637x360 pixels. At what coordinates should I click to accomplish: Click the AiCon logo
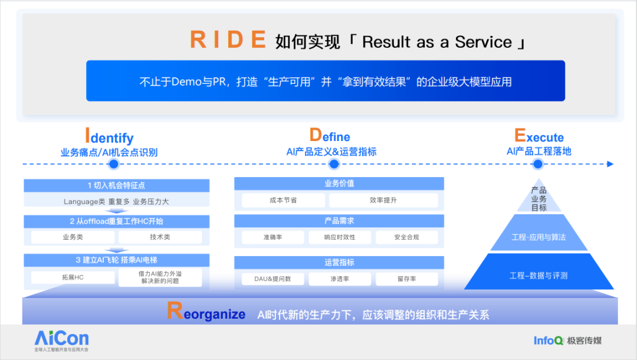point(61,341)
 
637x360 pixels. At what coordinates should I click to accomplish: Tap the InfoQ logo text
point(549,341)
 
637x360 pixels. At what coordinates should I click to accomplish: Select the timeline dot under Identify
point(114,164)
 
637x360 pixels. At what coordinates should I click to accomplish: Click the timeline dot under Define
point(334,164)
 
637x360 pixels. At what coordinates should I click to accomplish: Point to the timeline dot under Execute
point(538,164)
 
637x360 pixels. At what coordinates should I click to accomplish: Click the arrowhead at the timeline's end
point(610,164)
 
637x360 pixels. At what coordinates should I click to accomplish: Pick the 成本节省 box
point(283,200)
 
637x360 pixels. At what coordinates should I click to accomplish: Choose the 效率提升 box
point(383,200)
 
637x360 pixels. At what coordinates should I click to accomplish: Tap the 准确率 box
point(272,237)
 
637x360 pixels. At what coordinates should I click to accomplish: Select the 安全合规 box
point(406,237)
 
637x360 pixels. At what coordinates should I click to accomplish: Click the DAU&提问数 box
point(272,279)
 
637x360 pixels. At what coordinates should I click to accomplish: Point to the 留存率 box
point(406,279)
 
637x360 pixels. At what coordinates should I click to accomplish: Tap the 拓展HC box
point(73,277)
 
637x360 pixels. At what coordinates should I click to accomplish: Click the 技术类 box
point(160,237)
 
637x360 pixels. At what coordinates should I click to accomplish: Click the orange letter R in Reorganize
point(175,310)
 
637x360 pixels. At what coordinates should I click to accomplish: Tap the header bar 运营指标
point(339,263)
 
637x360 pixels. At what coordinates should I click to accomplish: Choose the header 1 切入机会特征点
point(117,185)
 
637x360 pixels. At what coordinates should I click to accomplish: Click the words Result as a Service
point(436,42)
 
